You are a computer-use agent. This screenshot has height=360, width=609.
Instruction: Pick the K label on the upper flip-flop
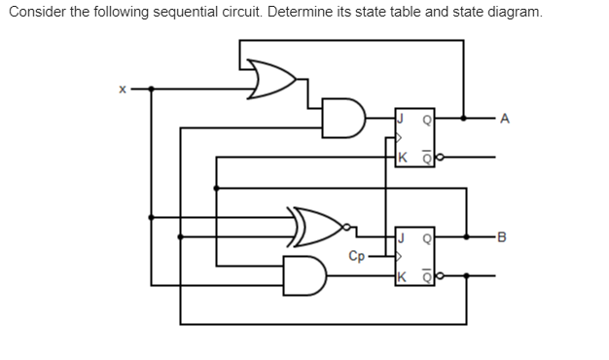(400, 157)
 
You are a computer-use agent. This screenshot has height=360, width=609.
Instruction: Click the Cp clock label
(357, 256)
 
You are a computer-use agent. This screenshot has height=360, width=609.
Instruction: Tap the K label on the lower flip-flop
(400, 274)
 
